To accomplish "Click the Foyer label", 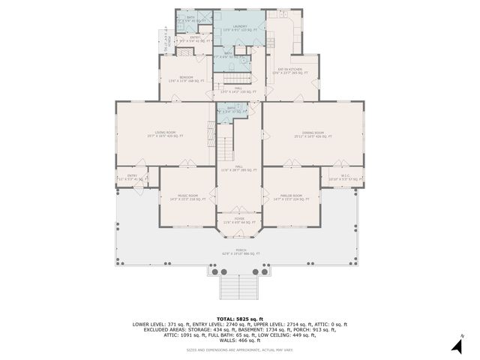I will click(239, 220).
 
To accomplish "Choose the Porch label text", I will click(239, 252).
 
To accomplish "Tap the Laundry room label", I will click(239, 27).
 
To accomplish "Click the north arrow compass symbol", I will click(456, 343).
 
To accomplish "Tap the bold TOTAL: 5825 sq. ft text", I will click(240, 319).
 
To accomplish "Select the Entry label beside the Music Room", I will click(133, 178).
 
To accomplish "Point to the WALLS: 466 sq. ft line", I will click(240, 340).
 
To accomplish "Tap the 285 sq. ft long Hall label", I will click(239, 169).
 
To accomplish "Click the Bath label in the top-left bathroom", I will click(190, 18).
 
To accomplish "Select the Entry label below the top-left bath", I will click(194, 39).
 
